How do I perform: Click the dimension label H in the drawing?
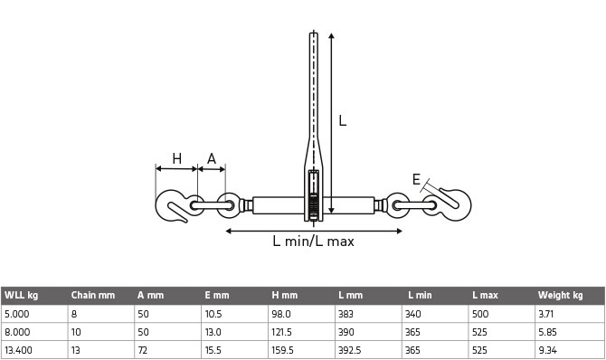point(177,159)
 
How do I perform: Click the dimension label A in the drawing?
point(212,159)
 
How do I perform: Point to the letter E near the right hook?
point(417,180)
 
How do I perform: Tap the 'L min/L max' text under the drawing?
point(313,242)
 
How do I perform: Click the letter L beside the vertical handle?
point(343,119)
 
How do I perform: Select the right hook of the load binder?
point(451,205)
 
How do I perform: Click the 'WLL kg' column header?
point(21,295)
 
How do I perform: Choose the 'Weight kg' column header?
point(560,295)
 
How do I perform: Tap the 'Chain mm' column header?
point(93,295)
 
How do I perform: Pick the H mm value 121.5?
point(284,331)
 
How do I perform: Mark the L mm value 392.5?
point(352,349)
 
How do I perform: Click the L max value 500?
point(481,313)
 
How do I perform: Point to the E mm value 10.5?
point(213,313)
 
